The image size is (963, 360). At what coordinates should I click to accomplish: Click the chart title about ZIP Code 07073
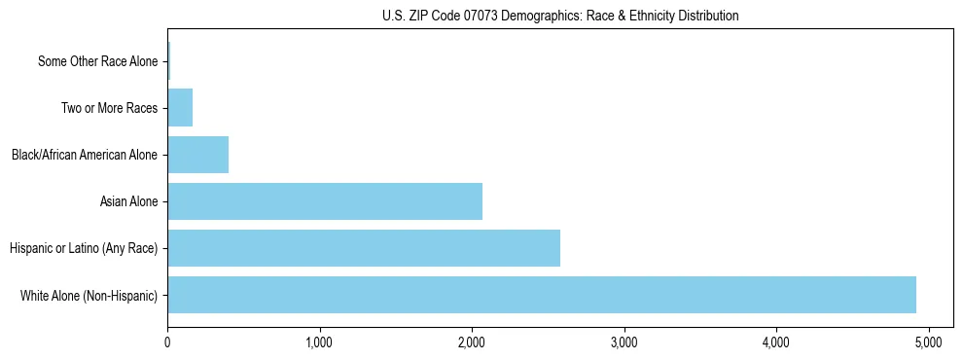560,16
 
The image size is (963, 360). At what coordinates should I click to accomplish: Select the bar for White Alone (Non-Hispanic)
542,295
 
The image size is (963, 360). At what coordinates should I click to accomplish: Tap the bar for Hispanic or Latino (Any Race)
364,248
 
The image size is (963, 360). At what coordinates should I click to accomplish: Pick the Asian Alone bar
325,201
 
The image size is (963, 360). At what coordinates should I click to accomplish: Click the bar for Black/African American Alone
198,155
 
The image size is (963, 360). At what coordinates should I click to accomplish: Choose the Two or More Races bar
180,108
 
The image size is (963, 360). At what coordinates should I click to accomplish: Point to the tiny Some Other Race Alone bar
169,61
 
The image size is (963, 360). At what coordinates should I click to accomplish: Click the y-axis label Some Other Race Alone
97,61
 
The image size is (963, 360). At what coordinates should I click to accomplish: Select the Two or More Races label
109,108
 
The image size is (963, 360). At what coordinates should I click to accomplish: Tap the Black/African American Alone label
85,155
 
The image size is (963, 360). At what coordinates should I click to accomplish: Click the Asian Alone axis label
128,201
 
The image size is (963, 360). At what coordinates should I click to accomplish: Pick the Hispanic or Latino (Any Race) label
84,248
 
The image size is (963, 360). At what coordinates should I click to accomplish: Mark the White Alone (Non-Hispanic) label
89,295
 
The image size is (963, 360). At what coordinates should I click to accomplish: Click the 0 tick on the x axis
168,342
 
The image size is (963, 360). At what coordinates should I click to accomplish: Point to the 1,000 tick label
320,342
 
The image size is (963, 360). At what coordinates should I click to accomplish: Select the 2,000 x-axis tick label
472,342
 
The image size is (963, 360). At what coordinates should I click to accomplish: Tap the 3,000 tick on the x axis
624,342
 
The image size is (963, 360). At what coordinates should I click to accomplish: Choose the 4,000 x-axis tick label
775,342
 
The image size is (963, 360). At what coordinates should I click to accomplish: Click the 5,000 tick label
928,342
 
